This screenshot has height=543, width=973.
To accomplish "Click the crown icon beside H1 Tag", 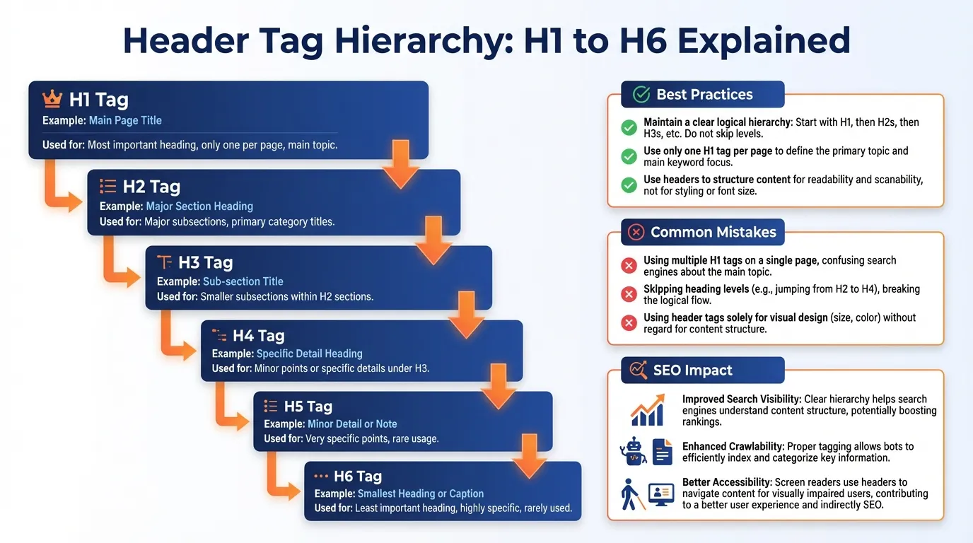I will [x=52, y=99].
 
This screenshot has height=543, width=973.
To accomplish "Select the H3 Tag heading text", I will [x=205, y=262].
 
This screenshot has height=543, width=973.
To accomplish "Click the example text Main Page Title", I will [x=125, y=120].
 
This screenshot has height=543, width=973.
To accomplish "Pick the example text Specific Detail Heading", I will [x=309, y=354].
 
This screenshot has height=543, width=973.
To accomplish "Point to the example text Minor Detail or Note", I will [x=352, y=424].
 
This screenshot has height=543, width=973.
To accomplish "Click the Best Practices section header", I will [x=704, y=94].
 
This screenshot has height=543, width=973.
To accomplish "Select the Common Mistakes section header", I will [x=713, y=232].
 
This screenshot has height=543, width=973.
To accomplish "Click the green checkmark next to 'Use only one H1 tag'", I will [x=629, y=156].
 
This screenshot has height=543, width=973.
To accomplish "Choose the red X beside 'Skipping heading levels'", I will [x=629, y=294].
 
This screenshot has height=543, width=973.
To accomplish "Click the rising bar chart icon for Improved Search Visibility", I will [x=646, y=411].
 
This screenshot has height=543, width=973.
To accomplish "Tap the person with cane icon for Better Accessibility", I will [x=629, y=494].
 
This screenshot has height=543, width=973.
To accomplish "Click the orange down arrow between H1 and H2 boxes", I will [x=400, y=163].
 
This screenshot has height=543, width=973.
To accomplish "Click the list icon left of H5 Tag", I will [x=271, y=406].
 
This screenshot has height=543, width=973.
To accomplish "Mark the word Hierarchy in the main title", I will [x=423, y=41].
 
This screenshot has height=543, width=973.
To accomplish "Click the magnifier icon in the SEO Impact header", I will [x=639, y=370].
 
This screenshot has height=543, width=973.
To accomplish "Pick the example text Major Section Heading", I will [x=199, y=206].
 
